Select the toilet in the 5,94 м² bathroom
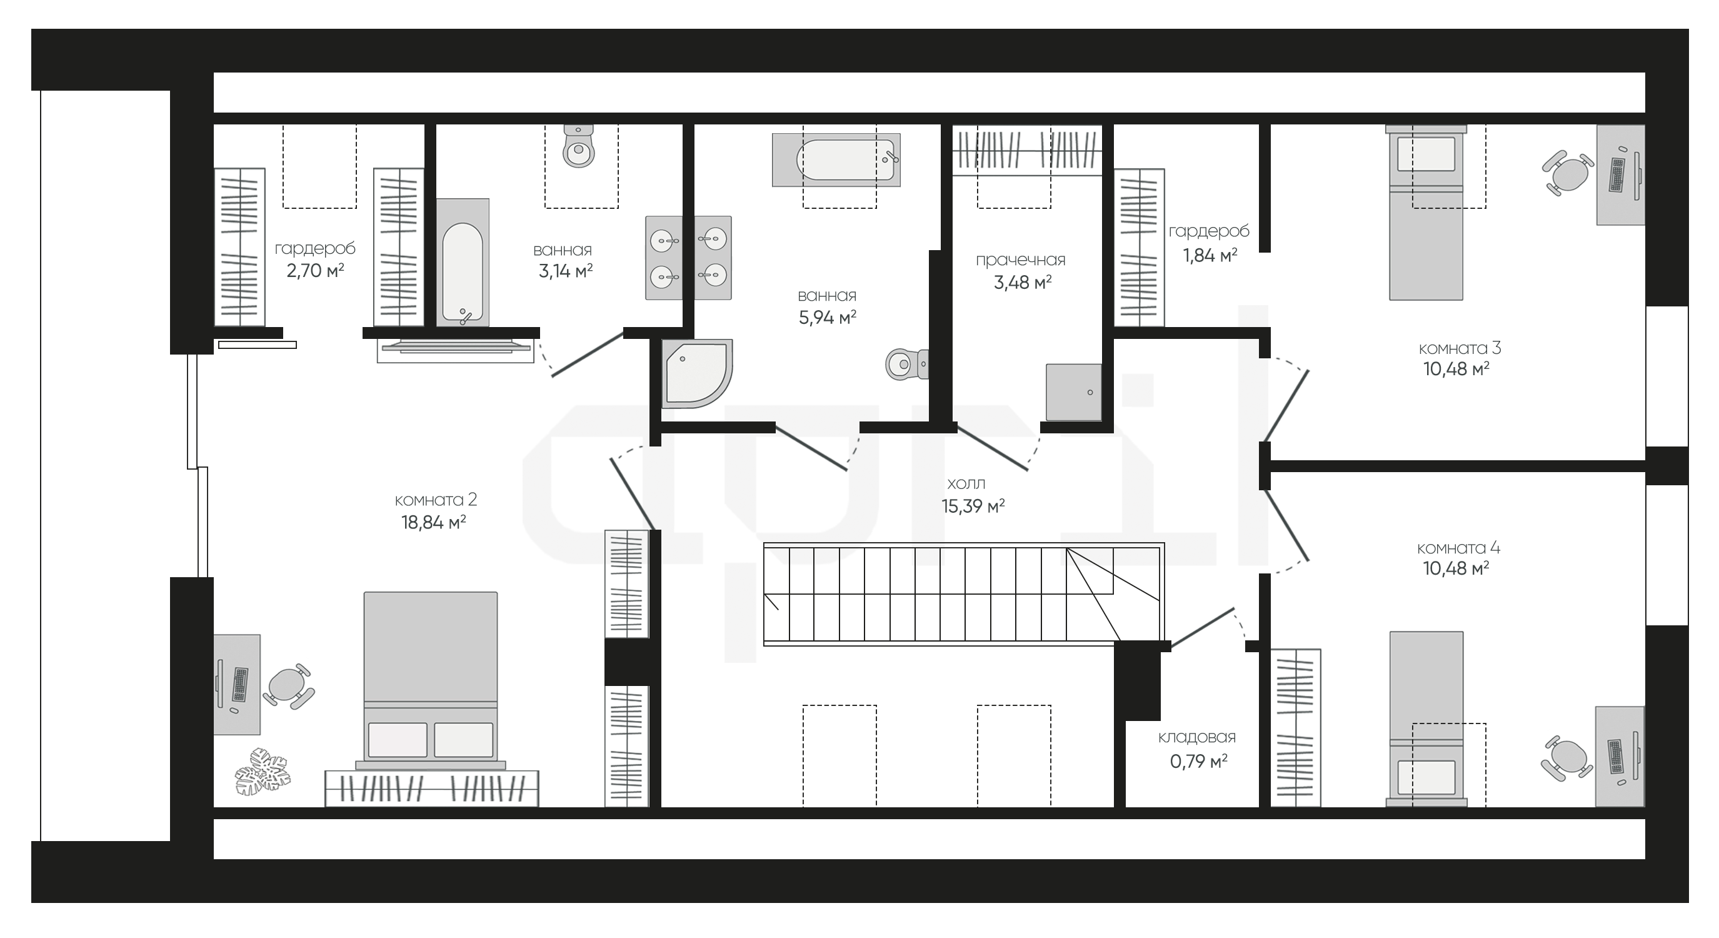pyautogui.click(x=907, y=365)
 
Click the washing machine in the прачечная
pyautogui.click(x=1074, y=393)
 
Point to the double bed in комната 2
pyautogui.click(x=431, y=680)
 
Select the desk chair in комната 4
pyautogui.click(x=1567, y=759)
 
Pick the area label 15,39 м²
pyautogui.click(x=973, y=506)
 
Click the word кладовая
pyautogui.click(x=1196, y=738)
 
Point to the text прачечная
pyautogui.click(x=1020, y=260)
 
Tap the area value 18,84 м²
pyautogui.click(x=433, y=522)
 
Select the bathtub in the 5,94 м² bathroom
pyautogui.click(x=836, y=159)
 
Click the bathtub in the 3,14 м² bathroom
pyautogui.click(x=463, y=263)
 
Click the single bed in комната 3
pyautogui.click(x=1426, y=213)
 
